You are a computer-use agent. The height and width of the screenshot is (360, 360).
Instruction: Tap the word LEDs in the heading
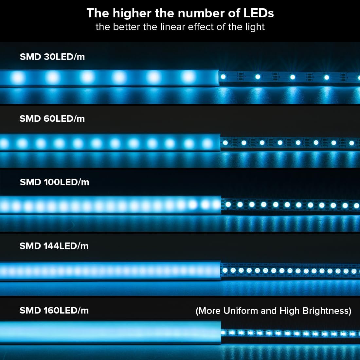coord(259,13)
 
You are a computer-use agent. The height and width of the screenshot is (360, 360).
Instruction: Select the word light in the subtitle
coord(254,27)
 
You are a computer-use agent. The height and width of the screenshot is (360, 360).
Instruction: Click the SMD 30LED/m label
coord(52,57)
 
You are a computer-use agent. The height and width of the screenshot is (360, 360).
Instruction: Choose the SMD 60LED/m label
coord(52,118)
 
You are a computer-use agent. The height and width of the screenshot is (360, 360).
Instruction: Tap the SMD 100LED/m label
coord(54,182)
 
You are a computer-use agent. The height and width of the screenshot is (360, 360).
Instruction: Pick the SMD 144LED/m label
coord(54,246)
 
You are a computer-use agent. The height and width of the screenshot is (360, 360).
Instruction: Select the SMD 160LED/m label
coord(54,310)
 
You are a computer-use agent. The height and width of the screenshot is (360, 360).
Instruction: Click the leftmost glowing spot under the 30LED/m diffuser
coord(18,78)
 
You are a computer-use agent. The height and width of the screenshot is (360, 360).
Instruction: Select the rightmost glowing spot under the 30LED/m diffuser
coord(188,77)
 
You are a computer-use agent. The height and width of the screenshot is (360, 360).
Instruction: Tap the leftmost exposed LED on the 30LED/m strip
coord(223,77)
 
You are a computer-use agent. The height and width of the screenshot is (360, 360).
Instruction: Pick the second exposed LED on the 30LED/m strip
coord(258,77)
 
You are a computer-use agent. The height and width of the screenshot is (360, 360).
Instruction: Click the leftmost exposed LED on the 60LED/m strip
coord(225,143)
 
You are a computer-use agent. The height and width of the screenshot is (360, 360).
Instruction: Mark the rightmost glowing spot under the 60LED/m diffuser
coord(207,143)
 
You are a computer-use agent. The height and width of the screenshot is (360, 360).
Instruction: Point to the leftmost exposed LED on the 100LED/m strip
coord(228,204)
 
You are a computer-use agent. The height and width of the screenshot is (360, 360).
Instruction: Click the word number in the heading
coord(189,13)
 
